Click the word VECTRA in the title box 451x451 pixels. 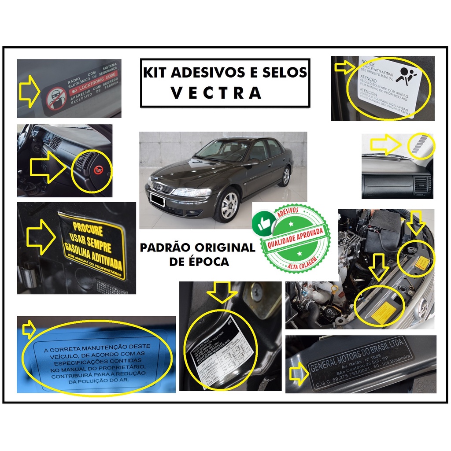(216, 93)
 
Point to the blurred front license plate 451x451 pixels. (157, 200)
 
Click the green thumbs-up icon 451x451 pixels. (264, 223)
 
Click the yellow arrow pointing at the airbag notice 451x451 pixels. (344, 67)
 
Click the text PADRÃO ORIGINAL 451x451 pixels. (197, 248)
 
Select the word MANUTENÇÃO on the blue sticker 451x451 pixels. (121, 347)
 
